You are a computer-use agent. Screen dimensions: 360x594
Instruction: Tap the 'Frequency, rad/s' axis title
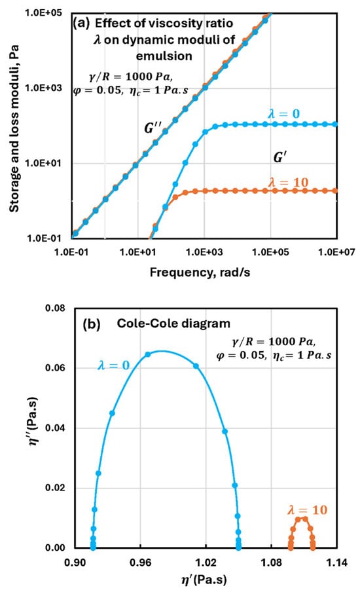pyautogui.click(x=200, y=272)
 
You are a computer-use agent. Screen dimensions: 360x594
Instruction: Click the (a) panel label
pyautogui.click(x=81, y=24)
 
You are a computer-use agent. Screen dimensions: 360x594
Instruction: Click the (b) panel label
pyautogui.click(x=92, y=324)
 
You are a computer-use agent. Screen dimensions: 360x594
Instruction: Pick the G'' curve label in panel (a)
pyautogui.click(x=151, y=128)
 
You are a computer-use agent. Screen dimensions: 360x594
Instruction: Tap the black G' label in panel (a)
pyautogui.click(x=279, y=157)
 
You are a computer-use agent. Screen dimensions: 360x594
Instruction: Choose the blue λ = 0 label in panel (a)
pyautogui.click(x=283, y=114)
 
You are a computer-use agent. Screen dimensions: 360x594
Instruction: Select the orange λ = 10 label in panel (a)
pyautogui.click(x=289, y=183)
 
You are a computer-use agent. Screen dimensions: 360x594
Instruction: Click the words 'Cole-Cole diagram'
pyautogui.click(x=173, y=324)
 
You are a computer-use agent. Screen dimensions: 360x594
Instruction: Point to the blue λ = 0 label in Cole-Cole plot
pyautogui.click(x=114, y=365)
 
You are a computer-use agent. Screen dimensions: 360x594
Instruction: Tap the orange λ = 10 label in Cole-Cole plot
pyautogui.click(x=307, y=510)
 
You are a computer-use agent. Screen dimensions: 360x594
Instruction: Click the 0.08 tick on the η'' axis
pyautogui.click(x=55, y=308)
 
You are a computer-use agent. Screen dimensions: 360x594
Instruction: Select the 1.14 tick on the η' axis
pyautogui.click(x=336, y=563)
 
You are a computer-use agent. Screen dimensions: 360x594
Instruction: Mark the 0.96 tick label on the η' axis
pyautogui.click(x=141, y=563)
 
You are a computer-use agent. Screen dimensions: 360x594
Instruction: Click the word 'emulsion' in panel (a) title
pyautogui.click(x=164, y=56)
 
